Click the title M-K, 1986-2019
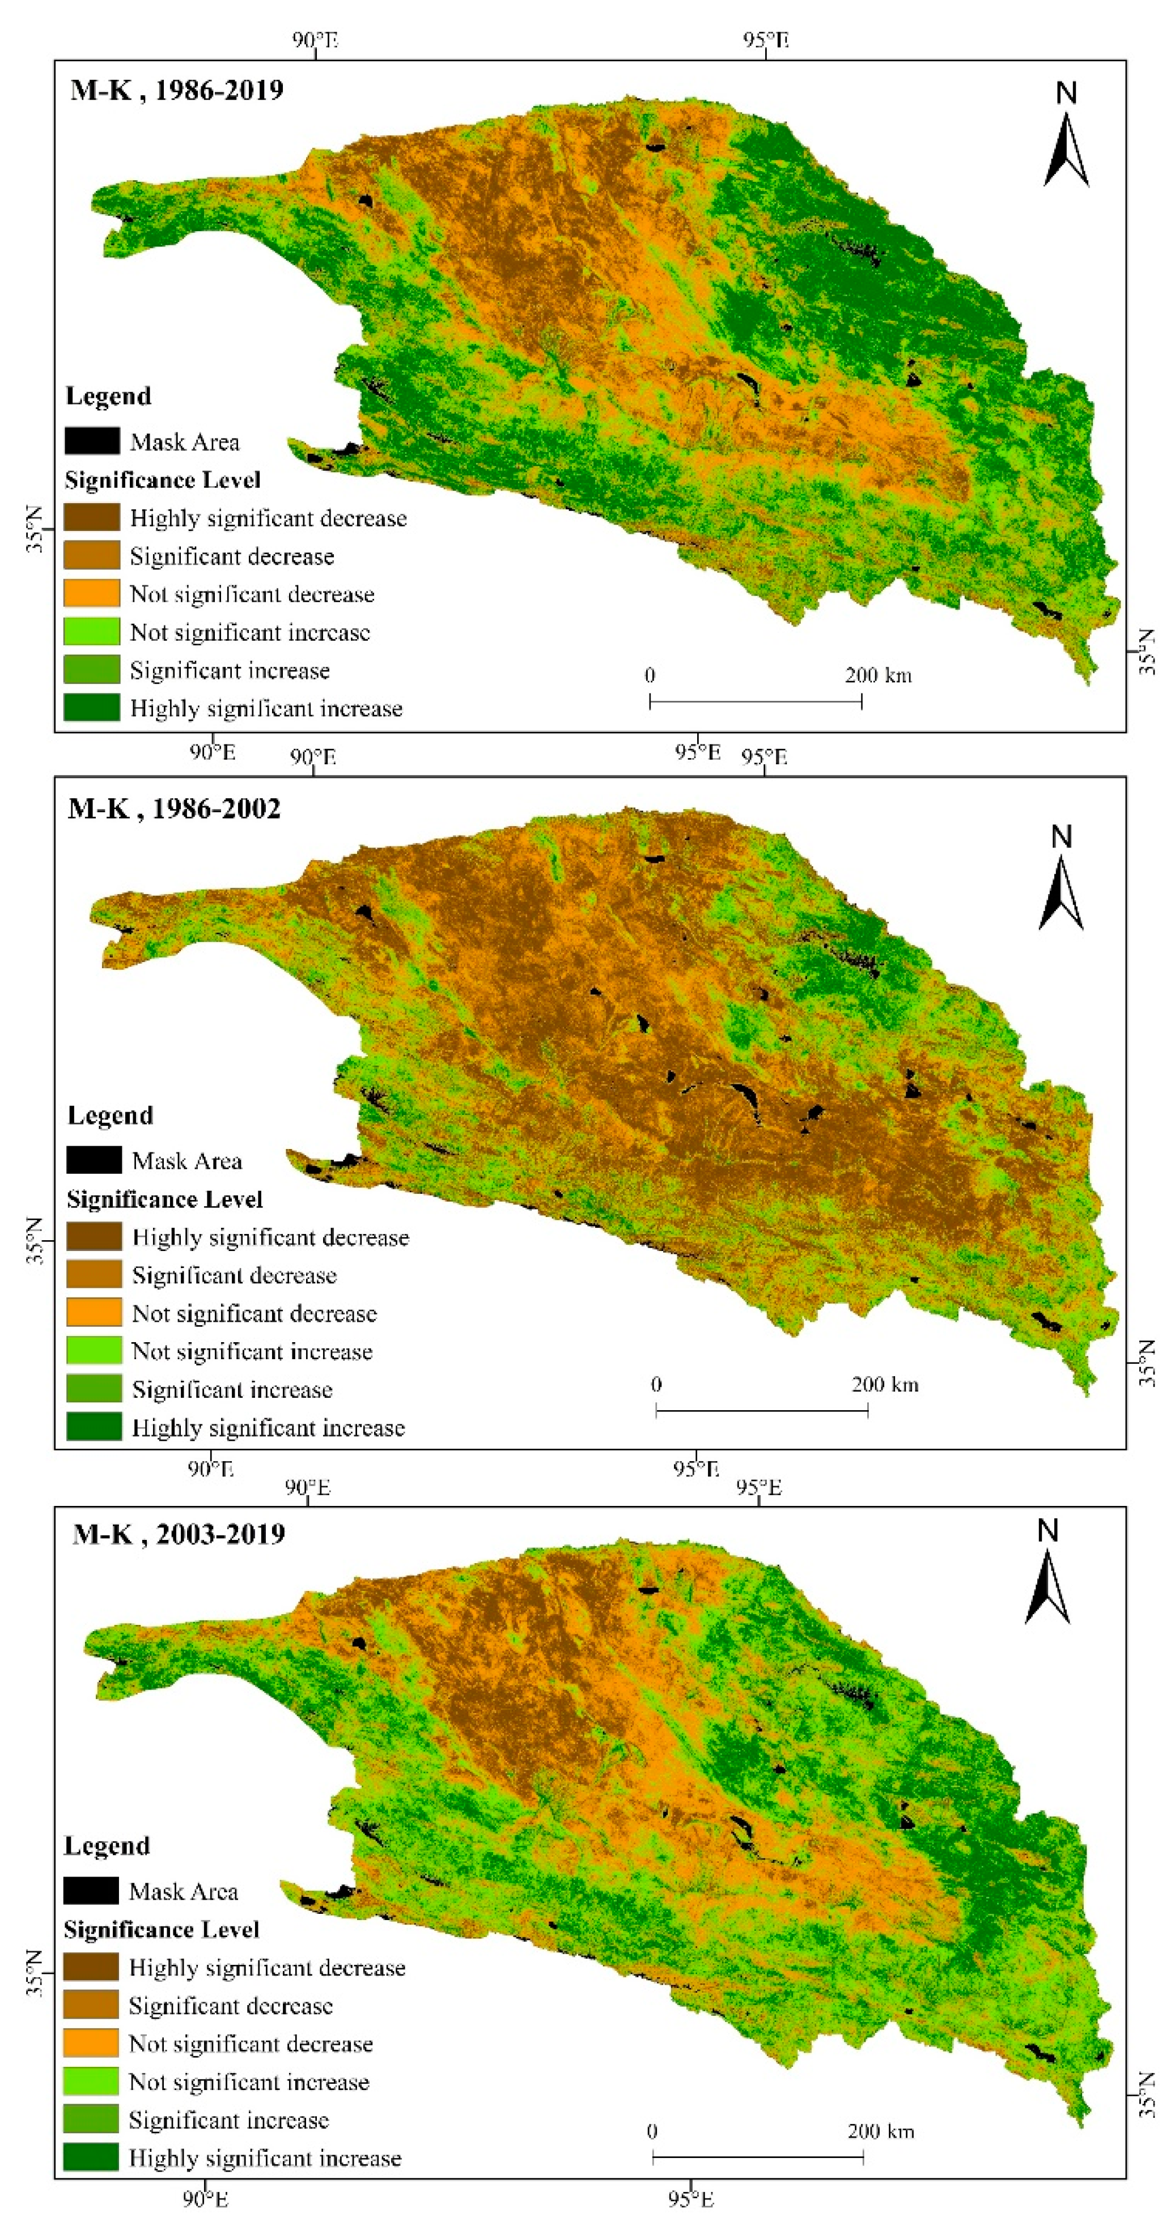pos(177,90)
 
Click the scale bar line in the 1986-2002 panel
pos(761,1410)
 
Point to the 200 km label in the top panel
pos(878,675)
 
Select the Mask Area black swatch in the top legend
pos(92,441)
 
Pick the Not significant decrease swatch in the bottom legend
pos(91,2043)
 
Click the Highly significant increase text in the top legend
pos(266,708)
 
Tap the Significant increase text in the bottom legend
pos(228,2119)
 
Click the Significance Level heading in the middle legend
pos(164,1199)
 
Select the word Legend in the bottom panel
pos(107,1846)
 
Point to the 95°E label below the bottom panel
pos(691,2199)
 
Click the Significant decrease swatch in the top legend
pos(92,556)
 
